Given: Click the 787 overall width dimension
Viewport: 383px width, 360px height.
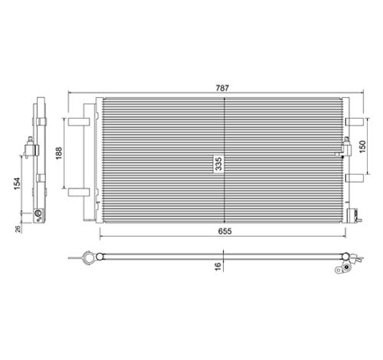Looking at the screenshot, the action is click(222, 88).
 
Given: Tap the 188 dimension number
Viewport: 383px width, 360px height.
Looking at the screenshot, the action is click(58, 153).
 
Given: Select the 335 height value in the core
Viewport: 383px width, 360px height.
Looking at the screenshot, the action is click(219, 164).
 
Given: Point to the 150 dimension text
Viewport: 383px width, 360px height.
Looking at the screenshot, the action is click(362, 147).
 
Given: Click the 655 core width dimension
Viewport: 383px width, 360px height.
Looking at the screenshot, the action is click(225, 231).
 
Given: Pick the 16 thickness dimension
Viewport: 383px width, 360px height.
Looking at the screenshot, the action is click(218, 265).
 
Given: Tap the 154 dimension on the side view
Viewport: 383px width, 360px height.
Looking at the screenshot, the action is click(17, 184).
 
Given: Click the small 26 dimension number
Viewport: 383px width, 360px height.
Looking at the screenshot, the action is click(18, 229).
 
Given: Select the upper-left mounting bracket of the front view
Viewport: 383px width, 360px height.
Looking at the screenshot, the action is click(79, 121).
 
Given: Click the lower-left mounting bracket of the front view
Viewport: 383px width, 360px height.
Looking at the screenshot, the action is click(79, 192).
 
